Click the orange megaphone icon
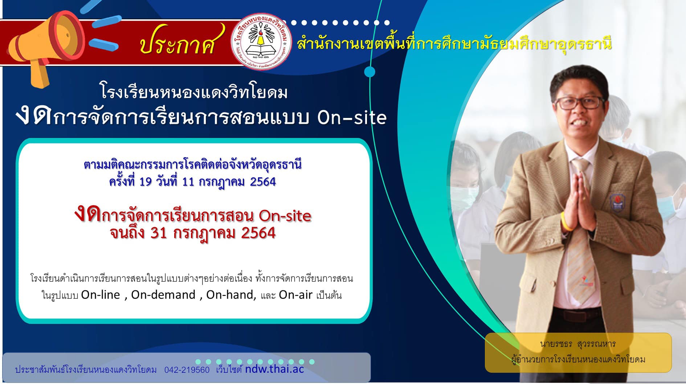[x=44, y=47]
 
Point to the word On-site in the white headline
[x=352, y=117]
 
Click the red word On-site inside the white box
[x=285, y=216]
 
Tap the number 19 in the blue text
[x=145, y=181]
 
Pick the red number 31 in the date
[x=158, y=233]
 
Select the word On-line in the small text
[x=101, y=295]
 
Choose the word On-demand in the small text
[x=163, y=295]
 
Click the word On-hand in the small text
[x=231, y=295]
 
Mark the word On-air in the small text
[x=295, y=295]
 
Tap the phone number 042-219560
[x=187, y=370]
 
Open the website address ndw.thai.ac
[x=274, y=369]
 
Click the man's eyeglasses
[x=580, y=103]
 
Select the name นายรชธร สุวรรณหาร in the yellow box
[x=578, y=344]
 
